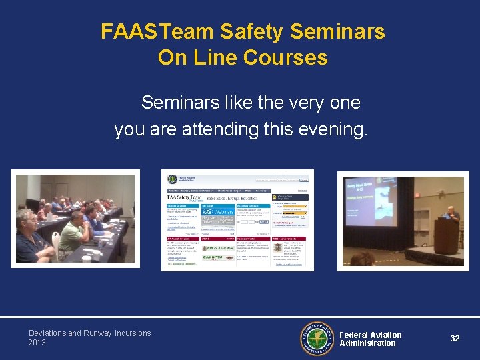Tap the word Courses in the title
[285, 57]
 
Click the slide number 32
[455, 339]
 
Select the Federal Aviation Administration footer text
[371, 339]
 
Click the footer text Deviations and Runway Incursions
[89, 333]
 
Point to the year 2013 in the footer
[37, 343]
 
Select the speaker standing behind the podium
[452, 217]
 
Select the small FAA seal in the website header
[173, 179]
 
